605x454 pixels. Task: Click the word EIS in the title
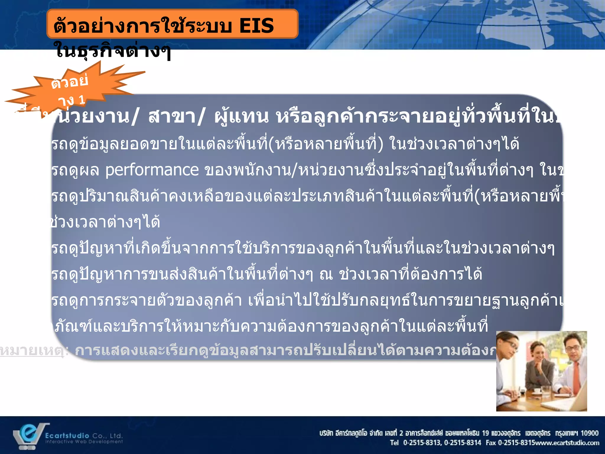(x=256, y=26)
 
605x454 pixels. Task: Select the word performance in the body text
(x=152, y=170)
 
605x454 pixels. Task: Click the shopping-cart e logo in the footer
(x=28, y=436)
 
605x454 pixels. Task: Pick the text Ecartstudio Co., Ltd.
(x=84, y=435)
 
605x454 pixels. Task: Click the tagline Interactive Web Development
(x=84, y=442)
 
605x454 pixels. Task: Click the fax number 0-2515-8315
(x=517, y=442)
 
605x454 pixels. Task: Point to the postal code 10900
(x=590, y=433)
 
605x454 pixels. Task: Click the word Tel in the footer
(x=394, y=442)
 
